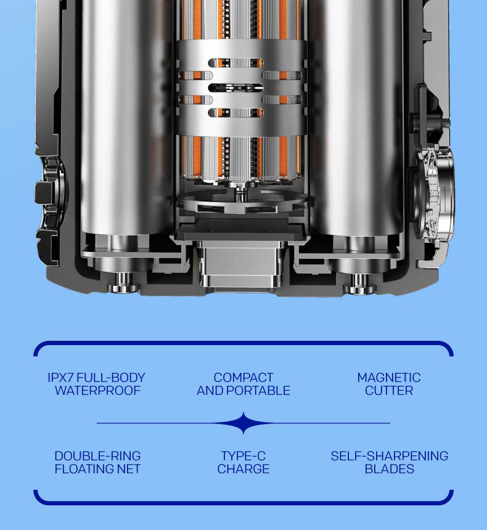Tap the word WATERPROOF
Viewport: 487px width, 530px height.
pos(97,391)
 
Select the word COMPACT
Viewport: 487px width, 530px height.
pos(243,378)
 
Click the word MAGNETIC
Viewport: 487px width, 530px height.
pos(389,378)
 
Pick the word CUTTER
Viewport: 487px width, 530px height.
pos(389,391)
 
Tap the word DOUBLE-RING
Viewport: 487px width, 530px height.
pos(97,456)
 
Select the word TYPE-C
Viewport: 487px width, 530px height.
pos(243,456)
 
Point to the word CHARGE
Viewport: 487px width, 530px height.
pos(243,469)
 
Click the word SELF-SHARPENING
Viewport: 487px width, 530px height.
pos(389,456)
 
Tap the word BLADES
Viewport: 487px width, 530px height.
pos(389,469)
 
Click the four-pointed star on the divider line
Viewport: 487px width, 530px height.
pos(243,423)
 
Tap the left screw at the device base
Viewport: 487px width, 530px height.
pos(123,283)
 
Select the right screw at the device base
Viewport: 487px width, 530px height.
pos(359,283)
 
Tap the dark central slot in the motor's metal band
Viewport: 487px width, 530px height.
pos(235,88)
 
